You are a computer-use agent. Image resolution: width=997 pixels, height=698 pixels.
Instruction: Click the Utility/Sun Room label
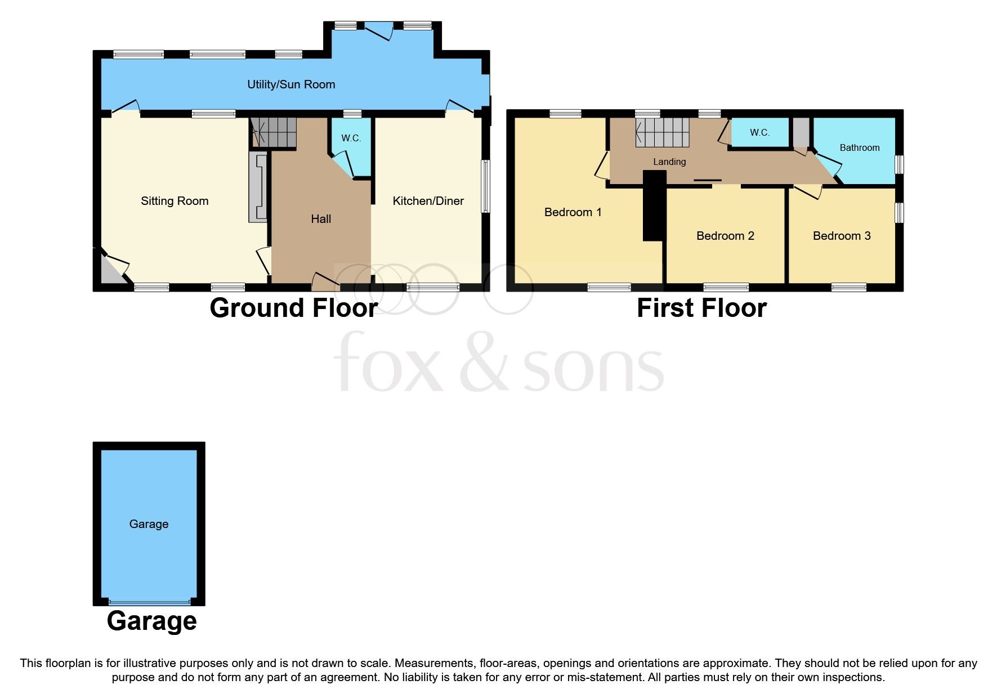pyautogui.click(x=291, y=84)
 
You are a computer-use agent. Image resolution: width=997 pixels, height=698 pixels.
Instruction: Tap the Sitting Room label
pyautogui.click(x=175, y=201)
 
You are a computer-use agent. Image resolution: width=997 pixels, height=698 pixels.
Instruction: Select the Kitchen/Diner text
pyautogui.click(x=428, y=201)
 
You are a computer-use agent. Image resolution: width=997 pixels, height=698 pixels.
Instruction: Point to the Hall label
pyautogui.click(x=321, y=219)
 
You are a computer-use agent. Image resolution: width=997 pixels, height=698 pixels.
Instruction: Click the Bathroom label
pyautogui.click(x=859, y=147)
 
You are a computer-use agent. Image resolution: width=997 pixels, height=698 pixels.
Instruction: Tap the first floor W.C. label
pyautogui.click(x=759, y=132)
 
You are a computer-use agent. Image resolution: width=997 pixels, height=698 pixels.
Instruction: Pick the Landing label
pyautogui.click(x=669, y=162)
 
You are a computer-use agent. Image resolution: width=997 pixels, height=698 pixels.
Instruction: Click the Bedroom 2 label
pyautogui.click(x=725, y=236)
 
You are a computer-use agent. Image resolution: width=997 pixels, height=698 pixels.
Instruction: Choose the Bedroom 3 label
pyautogui.click(x=842, y=236)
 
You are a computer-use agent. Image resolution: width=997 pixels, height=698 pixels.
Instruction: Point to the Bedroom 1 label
pyautogui.click(x=573, y=212)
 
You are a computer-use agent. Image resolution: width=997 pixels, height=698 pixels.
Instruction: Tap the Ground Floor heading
pyautogui.click(x=293, y=308)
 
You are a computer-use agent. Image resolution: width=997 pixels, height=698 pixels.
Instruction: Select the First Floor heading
pyautogui.click(x=701, y=308)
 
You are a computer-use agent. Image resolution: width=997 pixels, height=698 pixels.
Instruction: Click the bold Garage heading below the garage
pyautogui.click(x=151, y=621)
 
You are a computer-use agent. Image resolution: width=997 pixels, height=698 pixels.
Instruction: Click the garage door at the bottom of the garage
pyautogui.click(x=149, y=601)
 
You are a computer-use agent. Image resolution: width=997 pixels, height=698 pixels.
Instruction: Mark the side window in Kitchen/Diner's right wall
pyautogui.click(x=485, y=186)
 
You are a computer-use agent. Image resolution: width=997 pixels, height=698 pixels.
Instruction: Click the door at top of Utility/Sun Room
pyautogui.click(x=378, y=31)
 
